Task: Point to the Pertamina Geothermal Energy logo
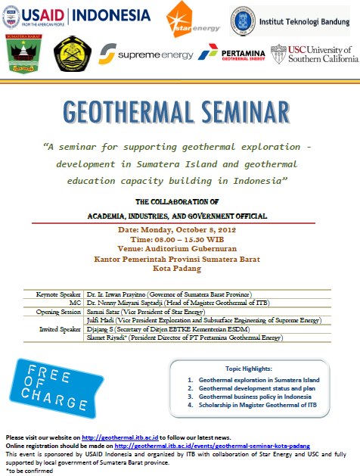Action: [x=230, y=54]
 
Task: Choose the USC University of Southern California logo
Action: [x=312, y=54]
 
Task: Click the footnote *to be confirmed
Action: [x=27, y=470]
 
